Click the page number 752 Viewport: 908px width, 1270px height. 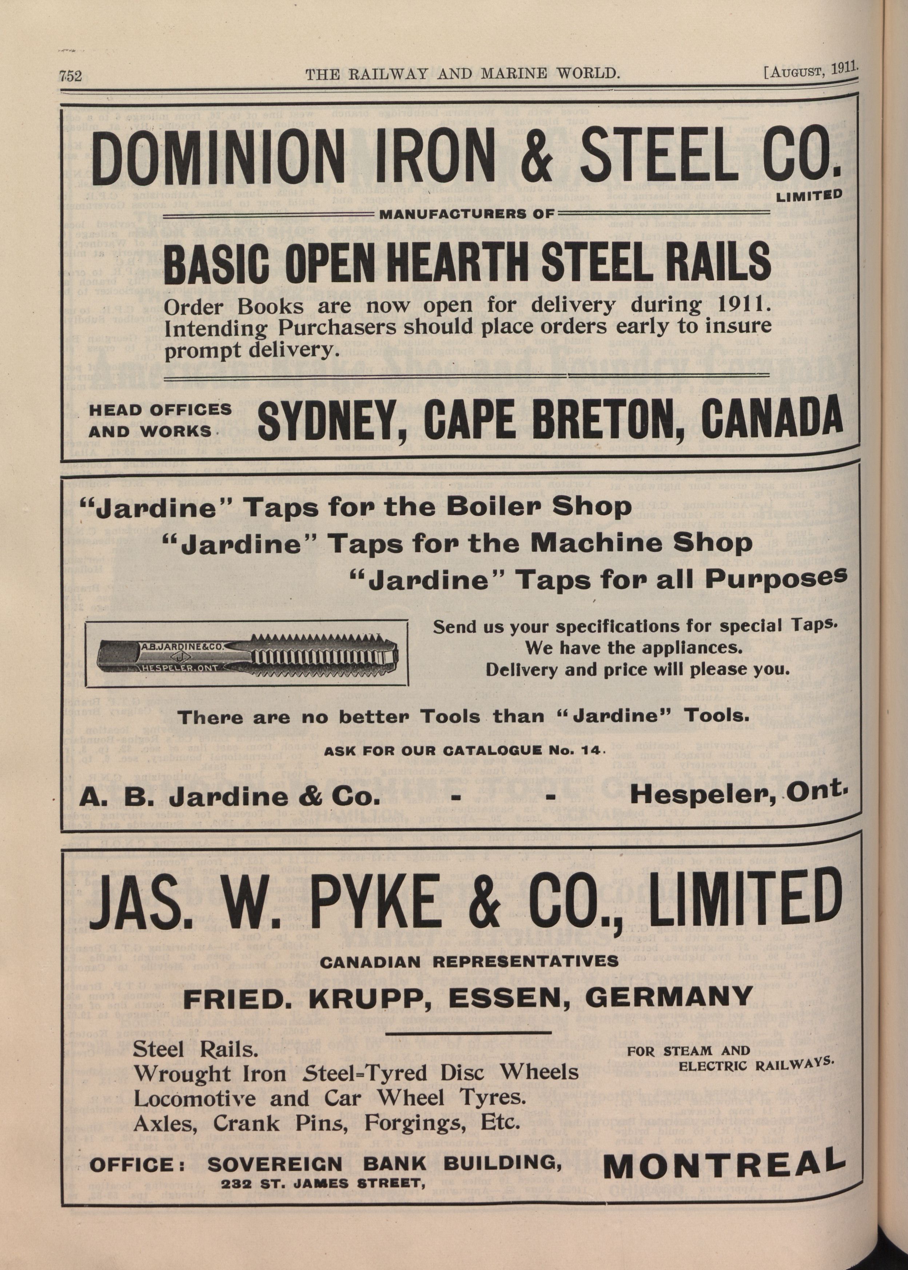coord(71,75)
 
